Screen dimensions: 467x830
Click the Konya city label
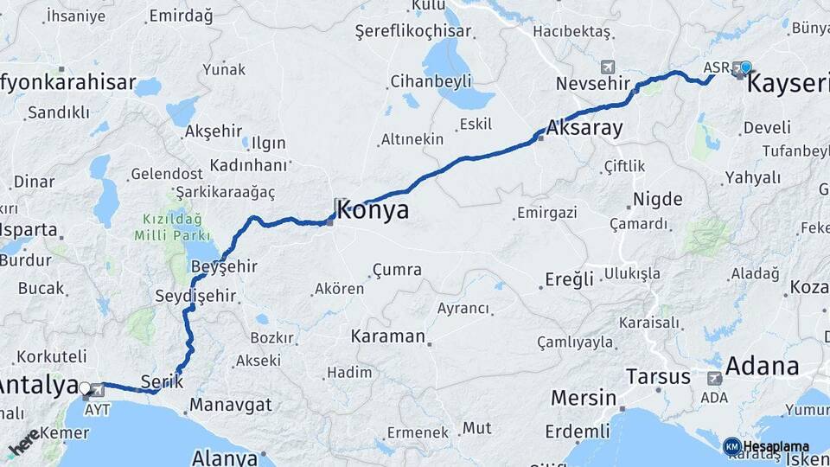(x=373, y=210)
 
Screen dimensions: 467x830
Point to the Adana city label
(x=762, y=366)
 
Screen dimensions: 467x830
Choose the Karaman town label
(x=388, y=336)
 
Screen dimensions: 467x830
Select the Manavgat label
(x=231, y=405)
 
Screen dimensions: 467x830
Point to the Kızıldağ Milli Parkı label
(x=172, y=227)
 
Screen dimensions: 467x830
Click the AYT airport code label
(x=97, y=408)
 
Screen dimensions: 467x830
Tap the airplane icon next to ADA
(x=715, y=378)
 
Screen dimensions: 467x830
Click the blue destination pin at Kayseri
(x=745, y=67)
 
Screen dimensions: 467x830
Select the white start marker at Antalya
(x=85, y=389)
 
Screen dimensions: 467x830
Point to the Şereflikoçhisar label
(x=413, y=31)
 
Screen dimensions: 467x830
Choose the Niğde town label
(x=657, y=199)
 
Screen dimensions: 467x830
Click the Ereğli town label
(x=569, y=279)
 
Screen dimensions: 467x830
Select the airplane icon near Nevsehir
(x=608, y=67)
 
